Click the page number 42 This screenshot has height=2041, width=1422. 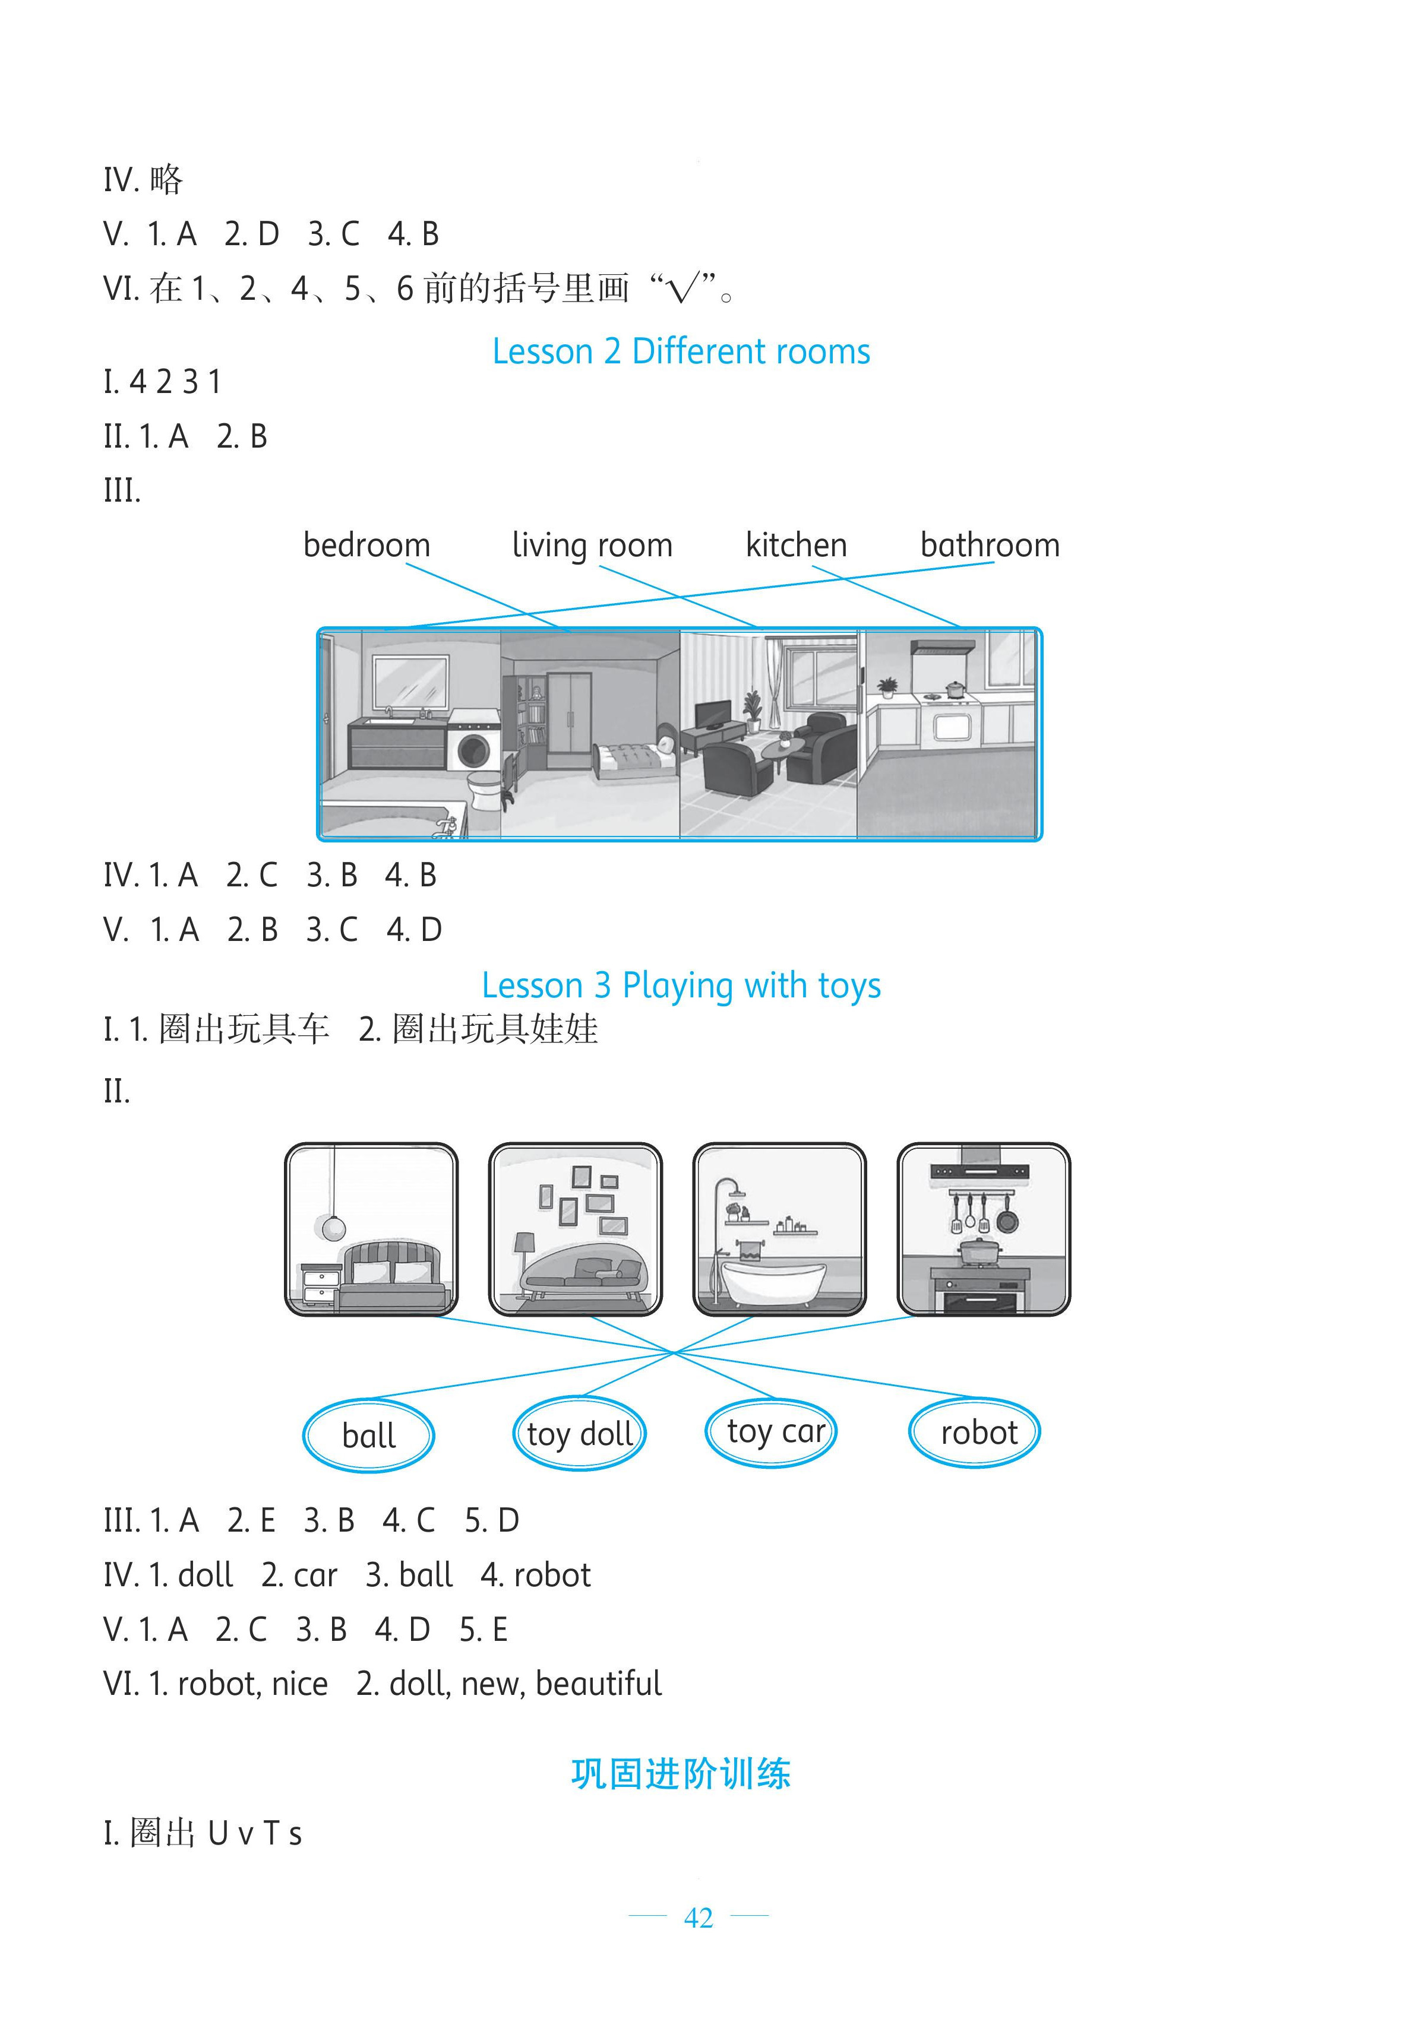click(698, 1918)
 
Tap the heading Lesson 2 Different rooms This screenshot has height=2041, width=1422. click(681, 352)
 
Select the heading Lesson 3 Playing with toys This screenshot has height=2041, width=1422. click(681, 986)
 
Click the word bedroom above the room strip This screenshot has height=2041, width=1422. click(366, 545)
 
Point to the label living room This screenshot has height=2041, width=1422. click(592, 545)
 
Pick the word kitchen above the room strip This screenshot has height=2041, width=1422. click(796, 545)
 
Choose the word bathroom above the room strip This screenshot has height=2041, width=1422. click(990, 545)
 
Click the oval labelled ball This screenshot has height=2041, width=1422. click(368, 1435)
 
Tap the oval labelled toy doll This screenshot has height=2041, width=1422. click(579, 1434)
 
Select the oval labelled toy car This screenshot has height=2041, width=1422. click(771, 1431)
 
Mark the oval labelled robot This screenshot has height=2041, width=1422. click(975, 1432)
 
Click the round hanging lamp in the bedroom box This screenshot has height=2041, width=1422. click(333, 1228)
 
